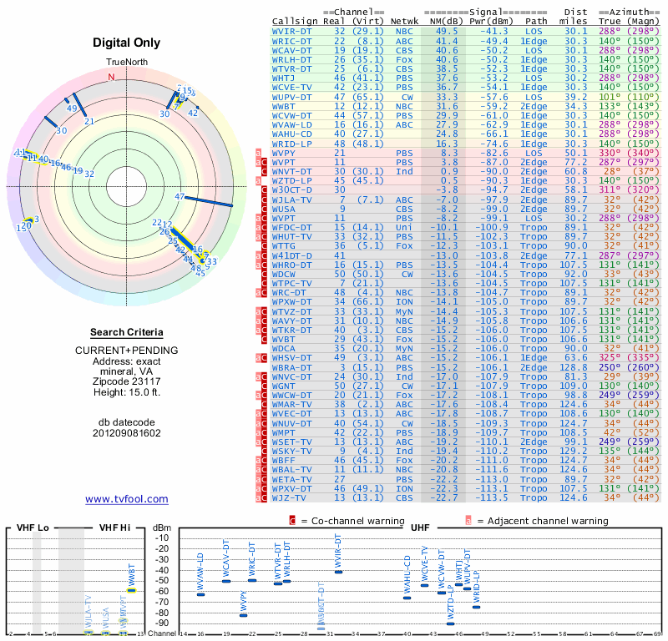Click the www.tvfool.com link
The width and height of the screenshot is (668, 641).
[x=127, y=499]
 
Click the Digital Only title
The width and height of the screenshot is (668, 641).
[x=127, y=43]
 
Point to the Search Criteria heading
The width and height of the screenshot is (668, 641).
[x=127, y=332]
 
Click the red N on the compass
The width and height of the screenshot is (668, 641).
[x=111, y=77]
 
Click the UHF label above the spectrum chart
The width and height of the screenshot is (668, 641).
[x=421, y=527]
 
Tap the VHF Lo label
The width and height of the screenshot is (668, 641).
[x=33, y=527]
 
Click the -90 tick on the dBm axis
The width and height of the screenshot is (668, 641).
[x=162, y=623]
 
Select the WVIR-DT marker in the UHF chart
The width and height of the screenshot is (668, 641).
[x=338, y=572]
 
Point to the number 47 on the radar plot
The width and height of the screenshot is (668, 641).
[x=180, y=197]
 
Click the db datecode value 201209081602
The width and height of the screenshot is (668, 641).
[x=127, y=433]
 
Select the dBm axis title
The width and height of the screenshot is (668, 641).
[x=162, y=527]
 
